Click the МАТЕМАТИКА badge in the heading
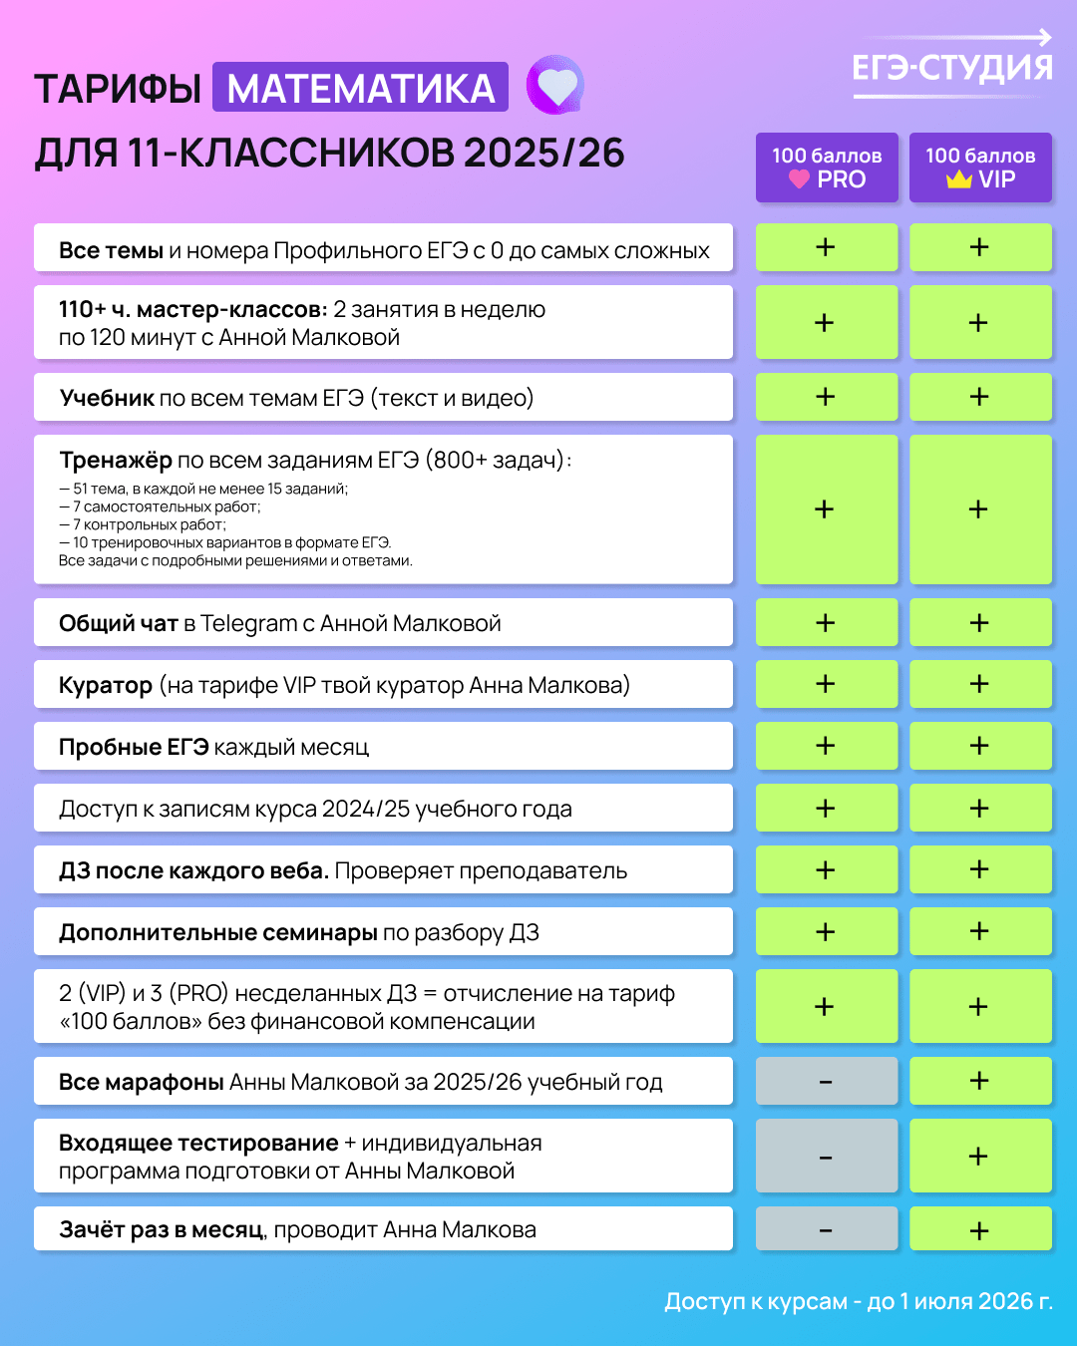360,88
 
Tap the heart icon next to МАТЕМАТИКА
555,85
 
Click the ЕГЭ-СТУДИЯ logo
952,66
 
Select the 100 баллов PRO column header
827,168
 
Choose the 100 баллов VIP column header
980,168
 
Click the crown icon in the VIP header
959,179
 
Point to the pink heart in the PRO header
799,179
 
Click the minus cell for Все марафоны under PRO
827,1082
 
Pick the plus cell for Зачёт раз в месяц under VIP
980,1229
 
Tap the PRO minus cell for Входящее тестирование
827,1157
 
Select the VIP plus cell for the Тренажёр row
980,509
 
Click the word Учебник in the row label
107,398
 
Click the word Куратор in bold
106,686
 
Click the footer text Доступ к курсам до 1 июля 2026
859,1301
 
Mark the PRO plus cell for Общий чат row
827,623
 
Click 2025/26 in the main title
544,154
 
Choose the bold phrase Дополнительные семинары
217,932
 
